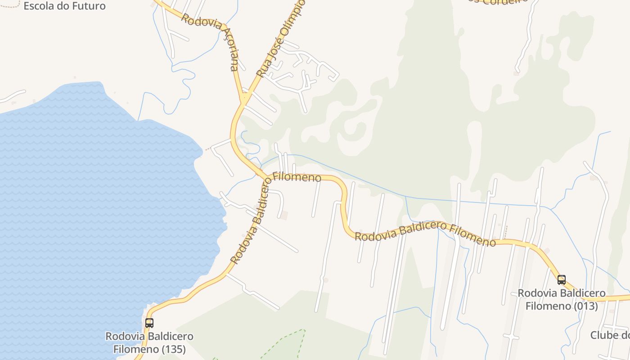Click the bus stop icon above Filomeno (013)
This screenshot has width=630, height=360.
pyautogui.click(x=561, y=279)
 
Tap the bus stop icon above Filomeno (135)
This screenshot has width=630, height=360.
pyautogui.click(x=149, y=323)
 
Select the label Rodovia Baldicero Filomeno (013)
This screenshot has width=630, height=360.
pyautogui.click(x=561, y=300)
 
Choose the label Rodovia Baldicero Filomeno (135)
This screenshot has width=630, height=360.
pyautogui.click(x=149, y=342)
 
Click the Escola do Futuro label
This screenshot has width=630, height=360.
pyautogui.click(x=64, y=6)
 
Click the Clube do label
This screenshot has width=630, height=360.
pyautogui.click(x=610, y=335)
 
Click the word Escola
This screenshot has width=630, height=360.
pyautogui.click(x=38, y=6)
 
